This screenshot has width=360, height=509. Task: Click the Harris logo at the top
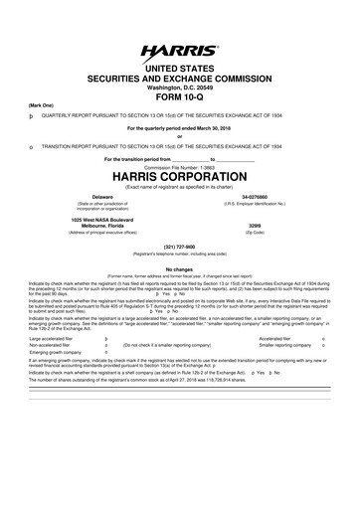click(x=179, y=49)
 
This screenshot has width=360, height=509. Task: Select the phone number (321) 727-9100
click(x=180, y=248)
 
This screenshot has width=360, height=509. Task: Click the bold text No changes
click(x=180, y=268)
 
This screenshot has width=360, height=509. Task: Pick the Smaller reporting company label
click(x=285, y=345)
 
